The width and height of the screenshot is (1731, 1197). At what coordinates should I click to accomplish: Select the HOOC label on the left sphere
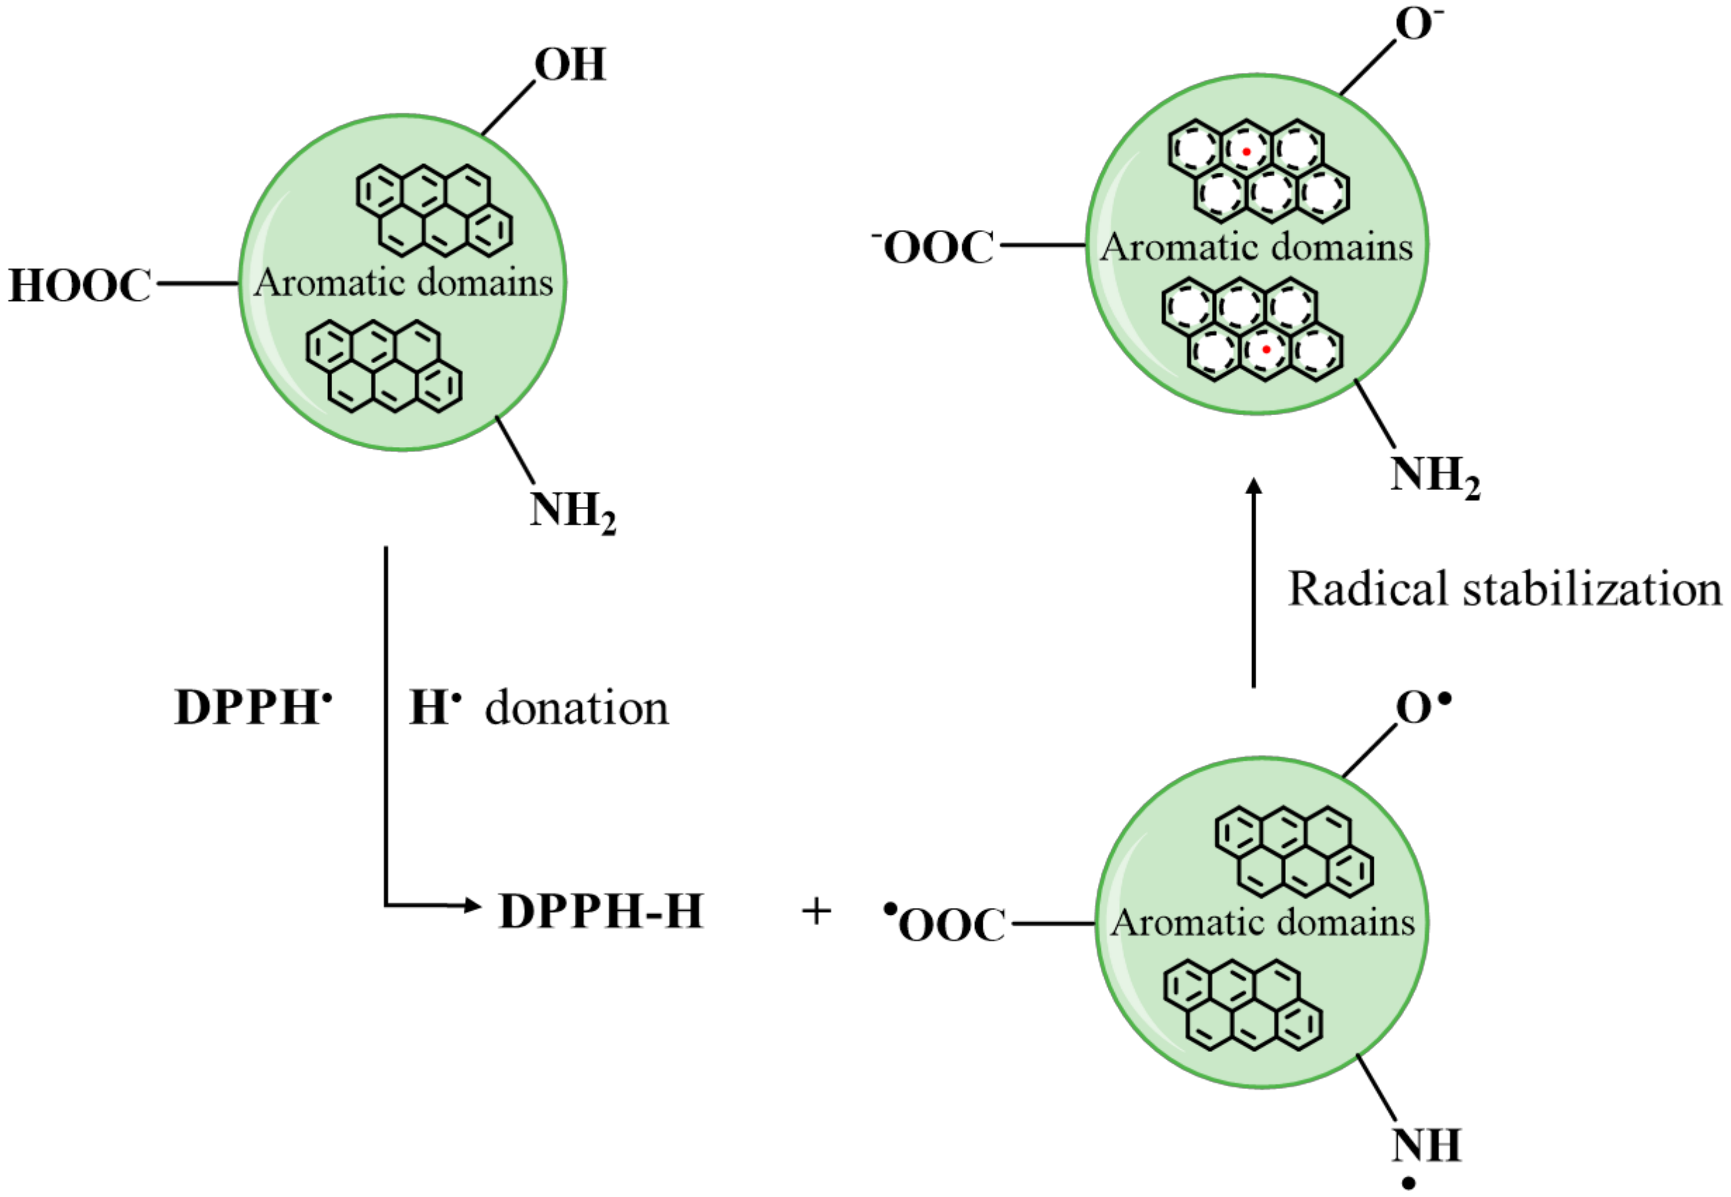(x=80, y=286)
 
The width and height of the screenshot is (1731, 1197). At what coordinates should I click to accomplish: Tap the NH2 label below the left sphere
(x=573, y=512)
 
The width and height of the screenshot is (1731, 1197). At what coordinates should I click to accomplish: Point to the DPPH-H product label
(x=600, y=911)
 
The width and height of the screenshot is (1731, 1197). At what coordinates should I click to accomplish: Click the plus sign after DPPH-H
(x=816, y=912)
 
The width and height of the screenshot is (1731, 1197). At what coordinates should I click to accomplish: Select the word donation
(x=576, y=708)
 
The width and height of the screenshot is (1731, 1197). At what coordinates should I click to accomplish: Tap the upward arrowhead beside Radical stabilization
(x=1253, y=486)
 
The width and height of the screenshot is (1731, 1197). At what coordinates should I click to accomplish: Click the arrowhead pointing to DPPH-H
(x=472, y=905)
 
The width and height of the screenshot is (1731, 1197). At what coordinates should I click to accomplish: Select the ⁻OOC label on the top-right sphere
(x=934, y=247)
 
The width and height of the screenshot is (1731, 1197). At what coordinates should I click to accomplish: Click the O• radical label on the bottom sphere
(x=1422, y=707)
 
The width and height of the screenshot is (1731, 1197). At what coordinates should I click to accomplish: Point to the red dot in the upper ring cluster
(x=1246, y=151)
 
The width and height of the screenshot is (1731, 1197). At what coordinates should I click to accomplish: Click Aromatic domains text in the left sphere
(x=403, y=283)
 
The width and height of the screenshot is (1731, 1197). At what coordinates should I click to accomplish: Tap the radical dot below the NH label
(x=1409, y=1184)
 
